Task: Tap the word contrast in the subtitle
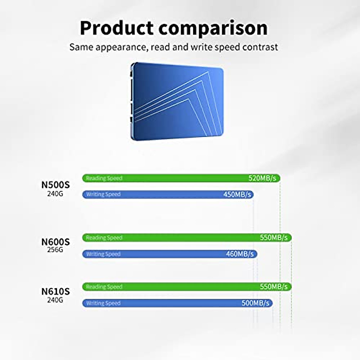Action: click(260, 47)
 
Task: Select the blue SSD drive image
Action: click(177, 101)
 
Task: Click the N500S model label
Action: click(55, 185)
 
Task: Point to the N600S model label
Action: click(55, 242)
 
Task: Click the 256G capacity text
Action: click(55, 250)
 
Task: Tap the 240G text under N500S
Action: click(55, 194)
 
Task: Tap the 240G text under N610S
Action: click(55, 300)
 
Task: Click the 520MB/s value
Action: click(262, 178)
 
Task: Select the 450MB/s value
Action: click(237, 194)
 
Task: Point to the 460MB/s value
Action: click(240, 254)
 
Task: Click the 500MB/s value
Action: click(255, 303)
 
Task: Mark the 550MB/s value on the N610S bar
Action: click(274, 286)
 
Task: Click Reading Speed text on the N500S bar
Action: click(104, 178)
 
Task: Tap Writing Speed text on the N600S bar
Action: click(103, 254)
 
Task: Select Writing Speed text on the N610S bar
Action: click(103, 303)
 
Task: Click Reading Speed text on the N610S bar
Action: click(104, 287)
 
